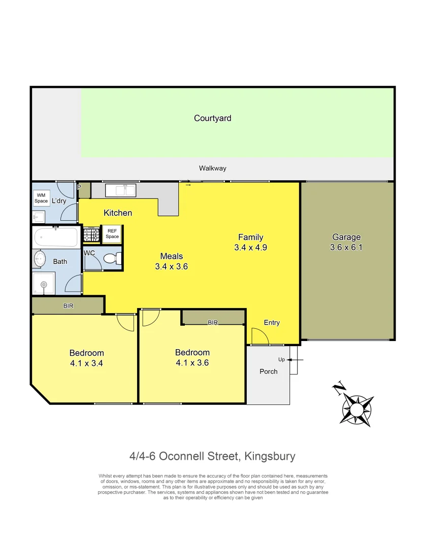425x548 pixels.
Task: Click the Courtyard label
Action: (x=212, y=118)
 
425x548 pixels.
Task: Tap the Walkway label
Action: (x=212, y=168)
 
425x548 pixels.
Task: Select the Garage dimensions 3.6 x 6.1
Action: (x=346, y=248)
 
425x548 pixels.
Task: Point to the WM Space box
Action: (x=41, y=198)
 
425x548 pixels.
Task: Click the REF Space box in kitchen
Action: (x=112, y=234)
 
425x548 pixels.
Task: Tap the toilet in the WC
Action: (x=111, y=259)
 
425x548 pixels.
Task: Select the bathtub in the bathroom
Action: (x=56, y=237)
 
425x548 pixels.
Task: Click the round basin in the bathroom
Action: (x=41, y=259)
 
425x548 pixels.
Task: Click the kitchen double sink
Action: (x=120, y=190)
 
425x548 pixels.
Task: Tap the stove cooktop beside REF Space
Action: (x=91, y=234)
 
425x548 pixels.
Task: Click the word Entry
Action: (x=272, y=323)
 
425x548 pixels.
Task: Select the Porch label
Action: (x=268, y=371)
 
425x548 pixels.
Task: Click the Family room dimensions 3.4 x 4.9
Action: (x=251, y=248)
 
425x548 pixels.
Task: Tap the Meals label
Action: (x=172, y=256)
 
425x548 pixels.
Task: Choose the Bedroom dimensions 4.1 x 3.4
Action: (x=86, y=363)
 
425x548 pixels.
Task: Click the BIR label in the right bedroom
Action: (x=213, y=323)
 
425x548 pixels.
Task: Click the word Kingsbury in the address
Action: (x=270, y=456)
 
